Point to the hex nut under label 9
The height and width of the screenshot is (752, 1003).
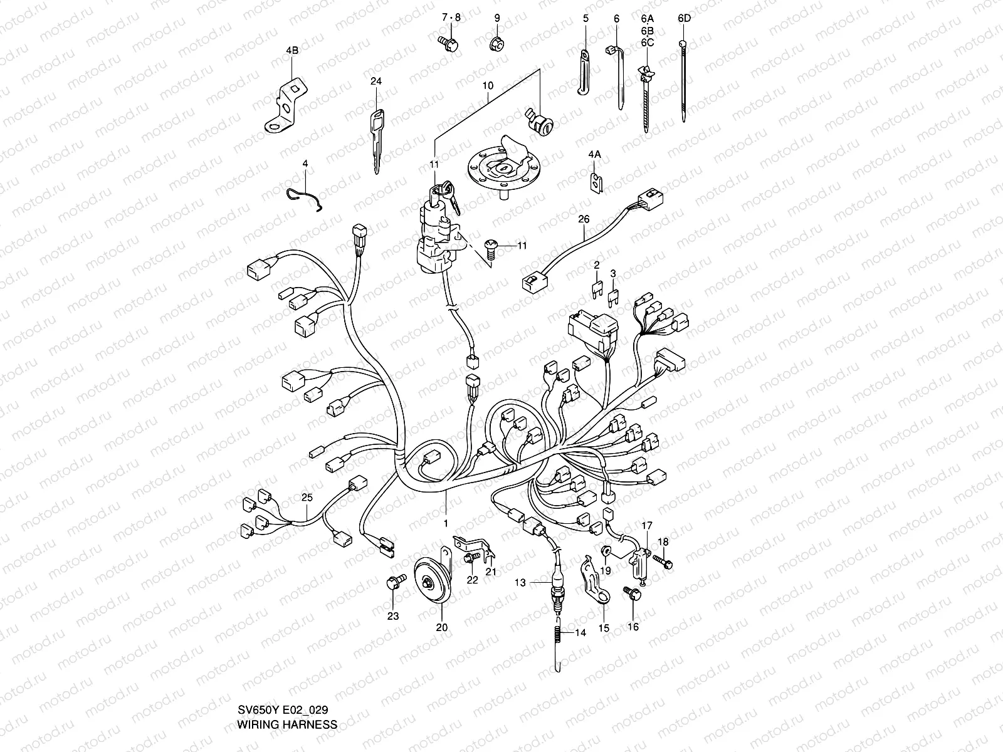[x=497, y=44]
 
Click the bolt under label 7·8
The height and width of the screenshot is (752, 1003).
[x=449, y=43]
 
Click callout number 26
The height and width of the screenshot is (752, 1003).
[x=584, y=219]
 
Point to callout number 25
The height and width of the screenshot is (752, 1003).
[x=307, y=498]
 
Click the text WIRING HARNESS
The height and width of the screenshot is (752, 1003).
[x=287, y=725]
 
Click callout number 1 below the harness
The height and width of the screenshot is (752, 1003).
[x=446, y=523]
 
